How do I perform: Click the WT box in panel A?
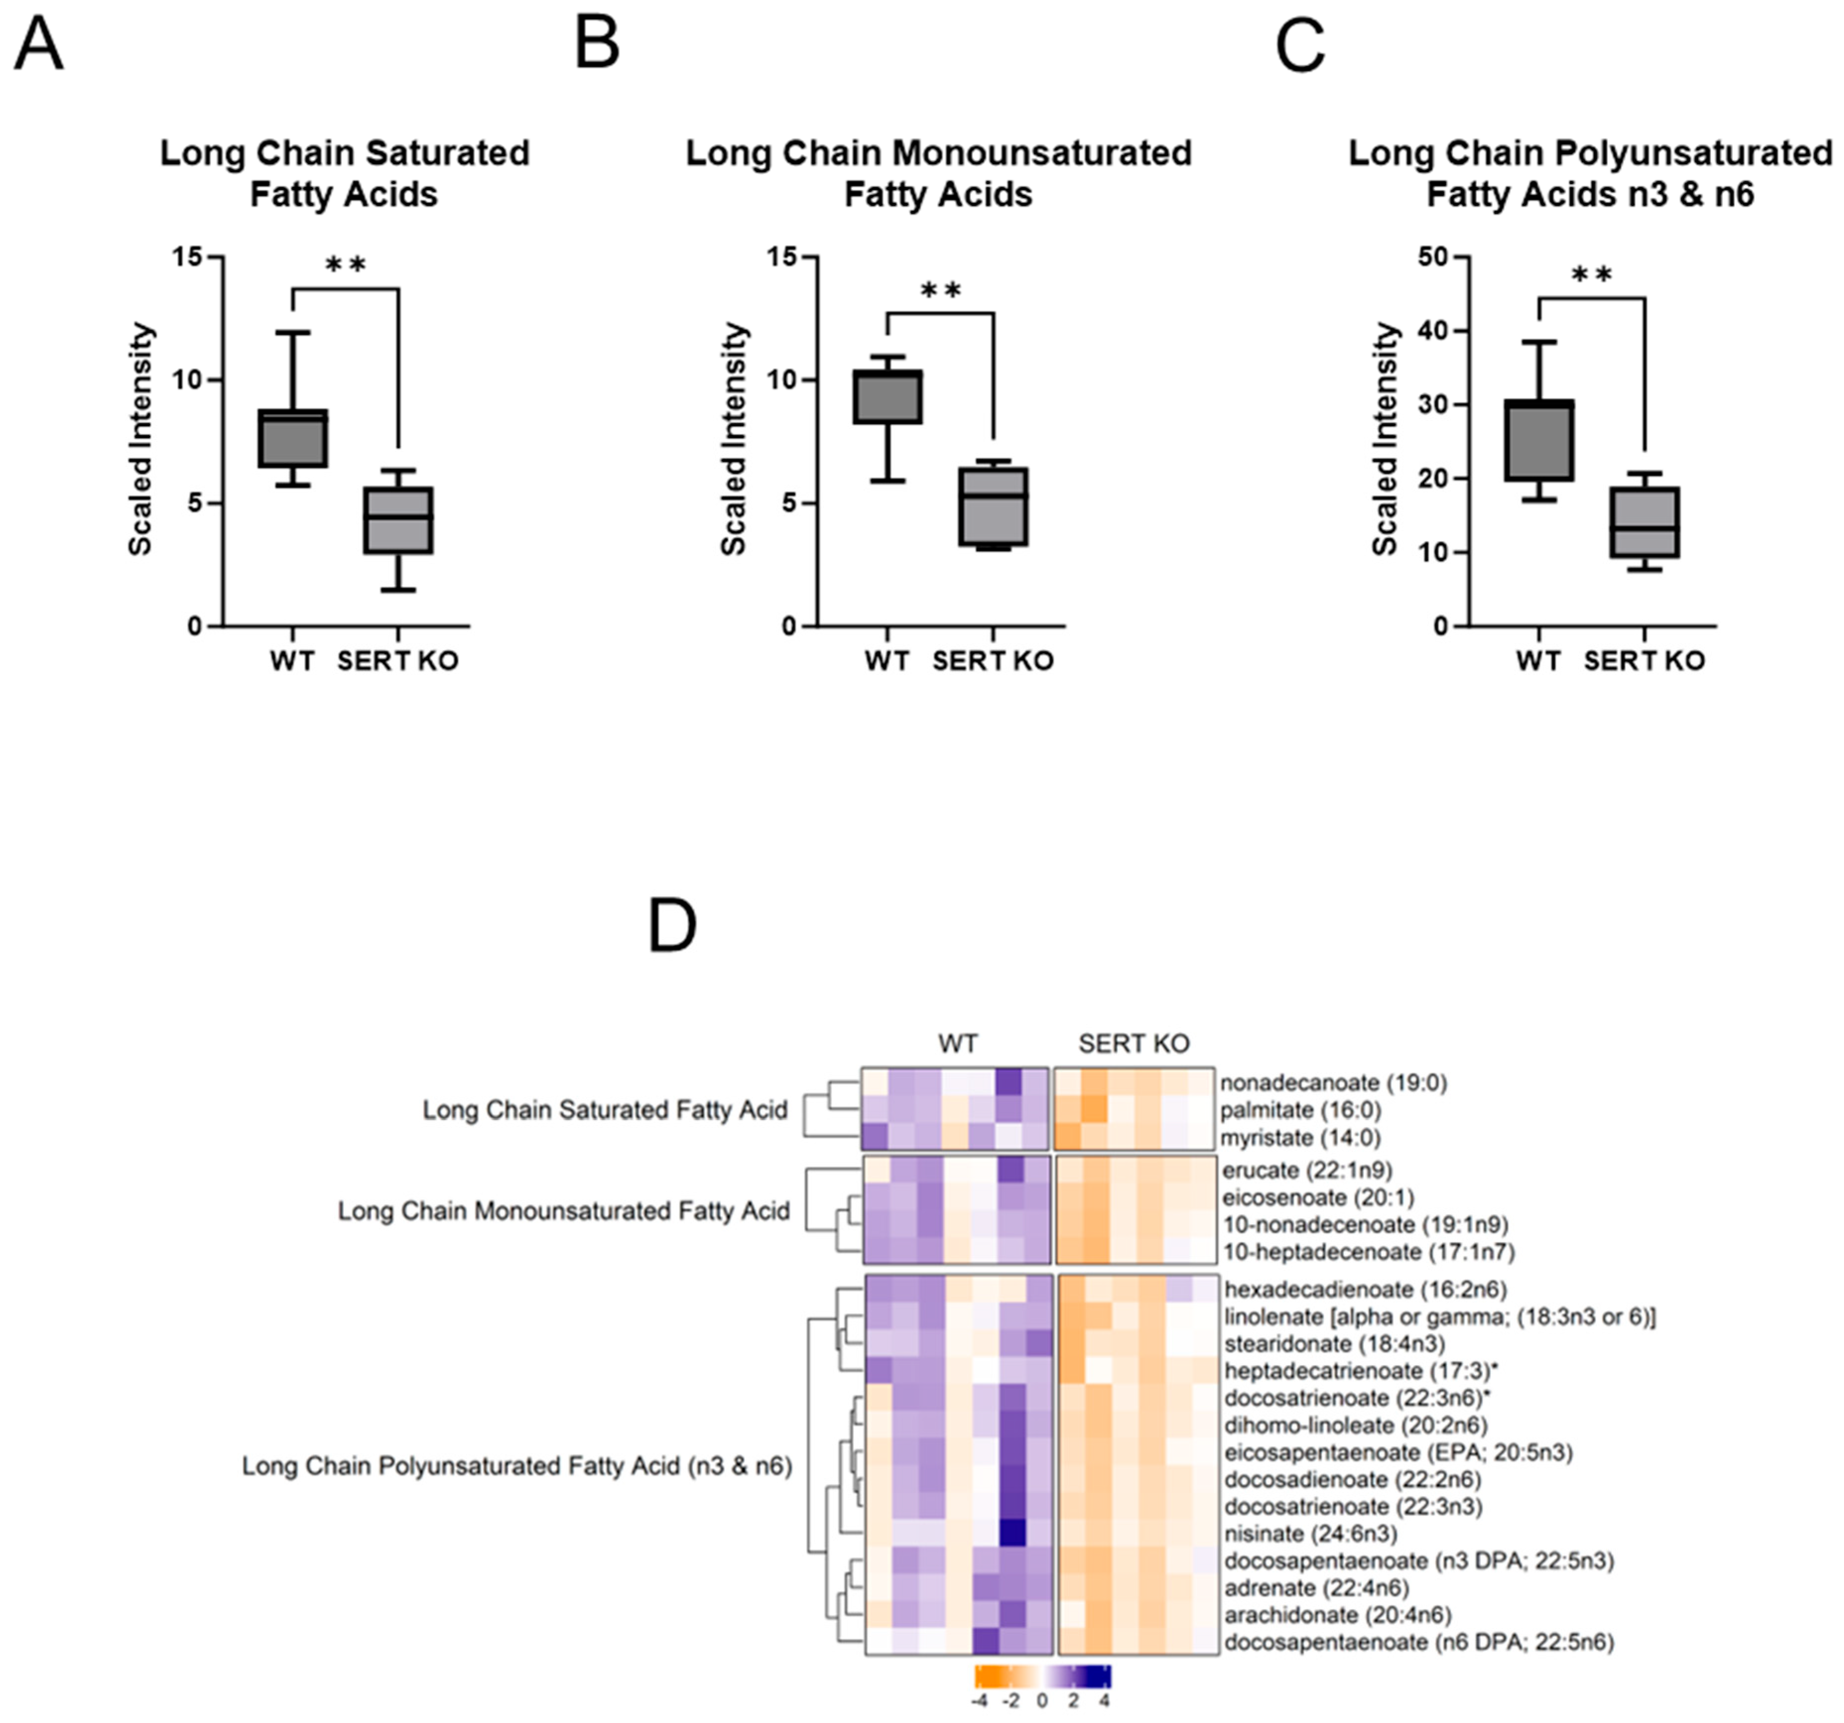point(292,438)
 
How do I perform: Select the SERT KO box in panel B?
point(993,506)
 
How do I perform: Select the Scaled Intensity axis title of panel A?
point(141,439)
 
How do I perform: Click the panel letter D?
point(673,926)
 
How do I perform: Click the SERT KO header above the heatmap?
point(1133,1044)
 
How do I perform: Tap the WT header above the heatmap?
point(957,1044)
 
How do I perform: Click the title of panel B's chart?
point(939,174)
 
